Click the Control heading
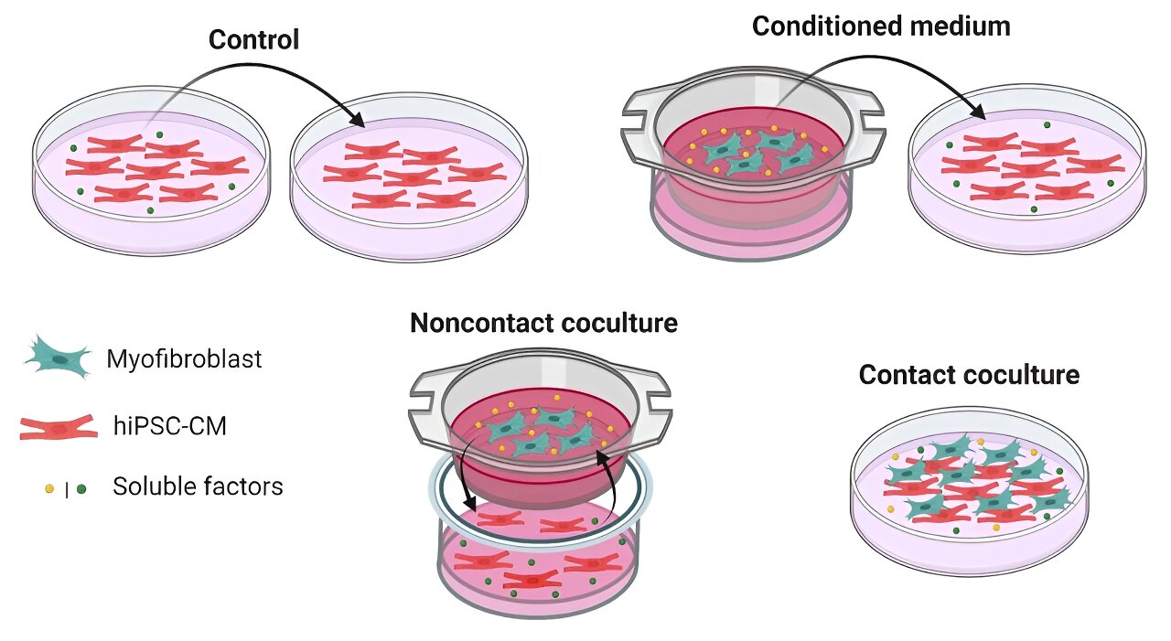[x=253, y=40]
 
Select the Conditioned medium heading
[x=881, y=27]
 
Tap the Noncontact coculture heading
[x=543, y=324]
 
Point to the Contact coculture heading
[x=969, y=375]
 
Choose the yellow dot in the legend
[x=49, y=489]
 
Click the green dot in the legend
[x=81, y=489]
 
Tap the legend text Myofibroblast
[x=184, y=359]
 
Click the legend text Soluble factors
[x=198, y=486]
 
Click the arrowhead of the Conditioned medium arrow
[x=982, y=116]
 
